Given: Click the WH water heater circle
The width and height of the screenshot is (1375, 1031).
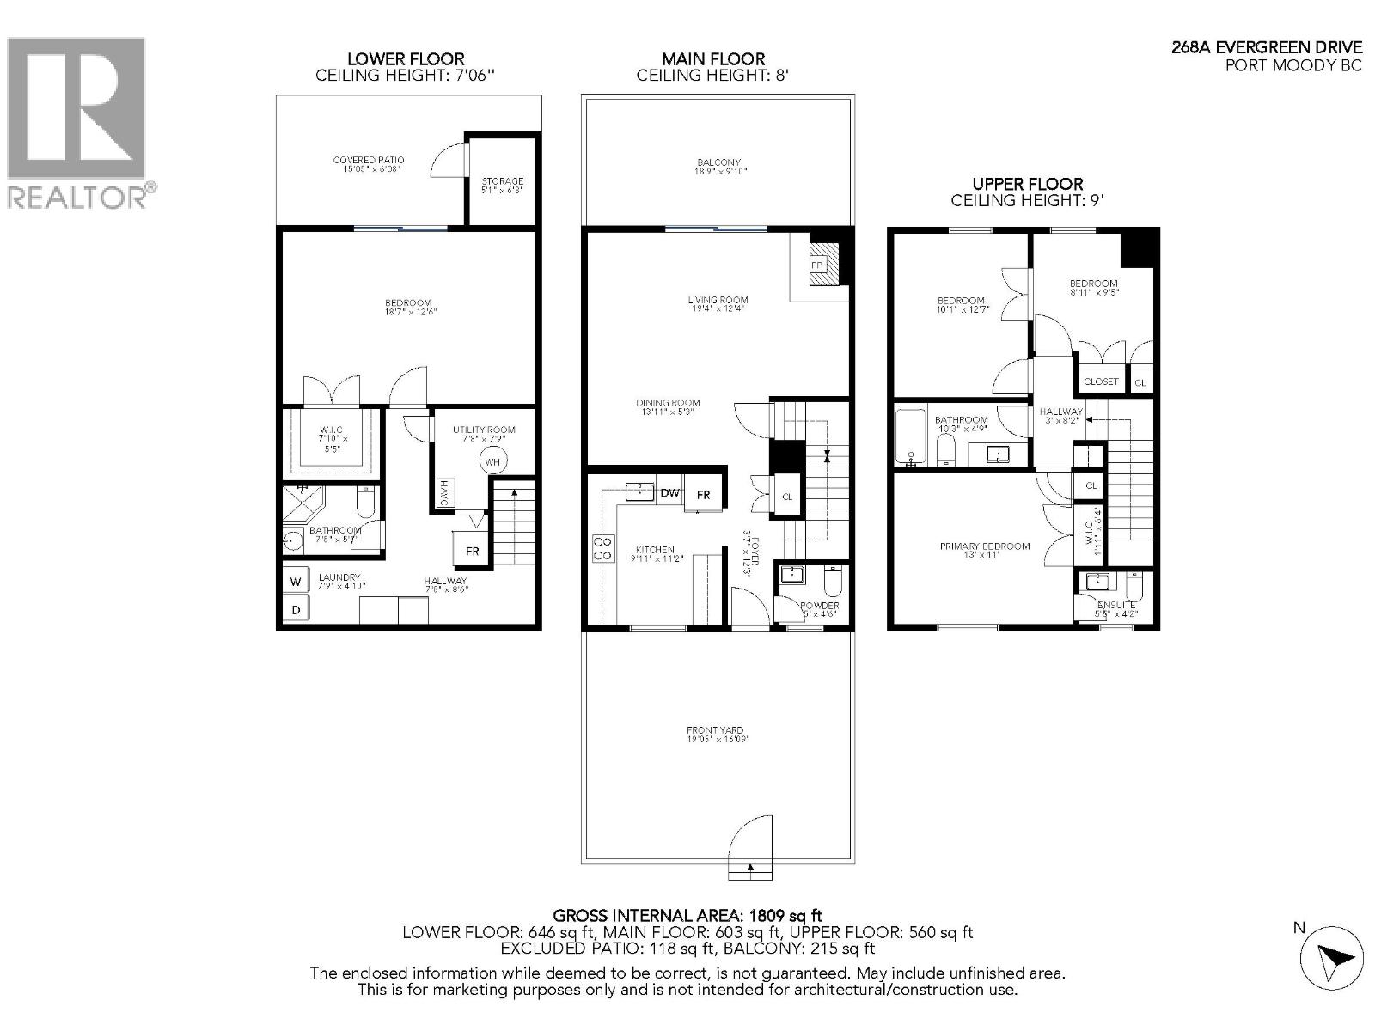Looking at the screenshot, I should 492,461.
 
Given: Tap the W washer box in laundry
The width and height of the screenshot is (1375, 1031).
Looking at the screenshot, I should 296,582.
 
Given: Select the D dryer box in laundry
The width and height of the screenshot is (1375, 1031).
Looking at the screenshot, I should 296,610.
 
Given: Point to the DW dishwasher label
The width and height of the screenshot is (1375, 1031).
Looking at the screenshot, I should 669,493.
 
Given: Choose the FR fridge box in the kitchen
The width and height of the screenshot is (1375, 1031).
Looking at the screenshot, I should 703,495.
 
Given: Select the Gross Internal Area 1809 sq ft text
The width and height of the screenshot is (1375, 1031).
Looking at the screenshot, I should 687,916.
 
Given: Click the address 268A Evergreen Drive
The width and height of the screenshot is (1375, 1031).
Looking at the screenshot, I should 1267,47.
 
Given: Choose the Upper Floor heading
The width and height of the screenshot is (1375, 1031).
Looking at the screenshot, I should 1027,184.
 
